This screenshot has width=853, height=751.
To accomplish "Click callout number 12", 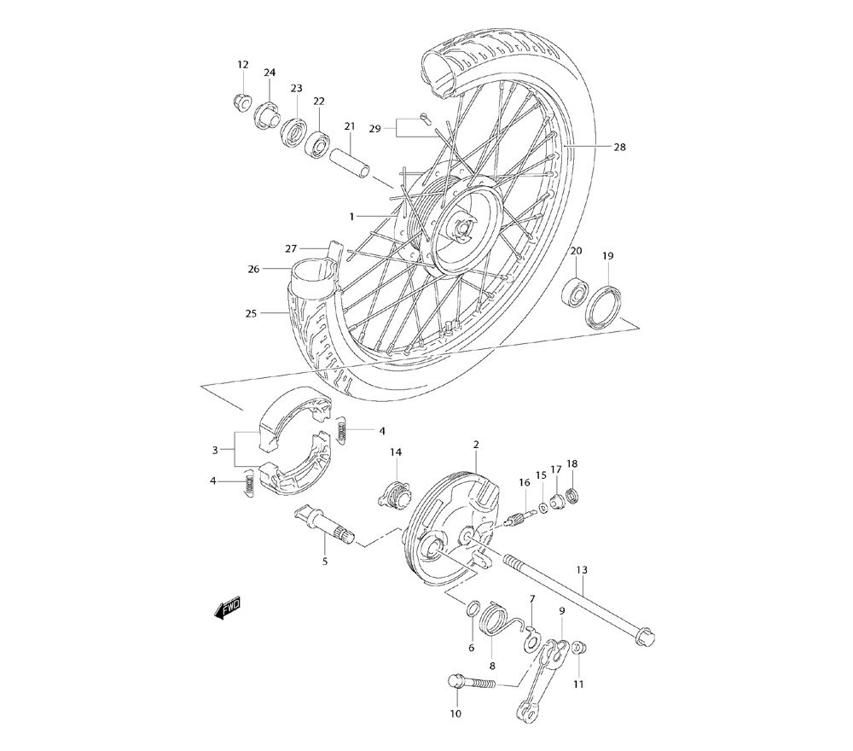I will pos(243,65).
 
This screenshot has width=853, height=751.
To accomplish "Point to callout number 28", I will pos(643,147).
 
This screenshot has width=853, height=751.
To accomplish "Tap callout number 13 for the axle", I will pos(582,569).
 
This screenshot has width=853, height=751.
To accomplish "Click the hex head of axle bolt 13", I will pos(645,636).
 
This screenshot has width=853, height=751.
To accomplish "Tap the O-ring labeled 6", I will pos(472,608).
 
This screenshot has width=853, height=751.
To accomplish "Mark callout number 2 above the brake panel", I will pos(475,445).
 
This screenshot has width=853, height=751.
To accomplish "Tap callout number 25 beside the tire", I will pos(251,313).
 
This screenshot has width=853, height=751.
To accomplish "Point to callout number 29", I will pos(374,128).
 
